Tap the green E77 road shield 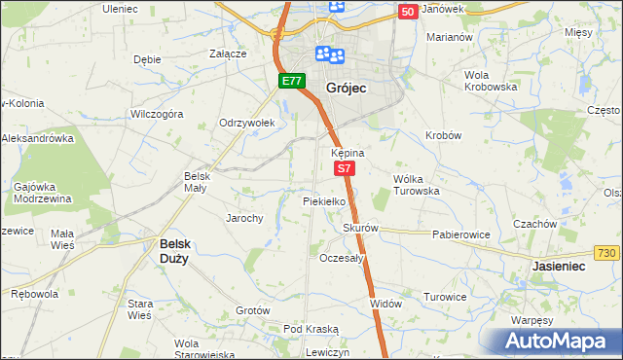coord(291,81)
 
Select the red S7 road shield coord(345,168)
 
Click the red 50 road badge coord(408,11)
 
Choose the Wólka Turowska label coord(417,185)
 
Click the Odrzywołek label coord(247,123)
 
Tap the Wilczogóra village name coord(156,114)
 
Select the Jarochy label coord(244,218)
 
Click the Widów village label coord(385,304)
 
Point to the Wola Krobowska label coord(490,81)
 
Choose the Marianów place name coord(449,37)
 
